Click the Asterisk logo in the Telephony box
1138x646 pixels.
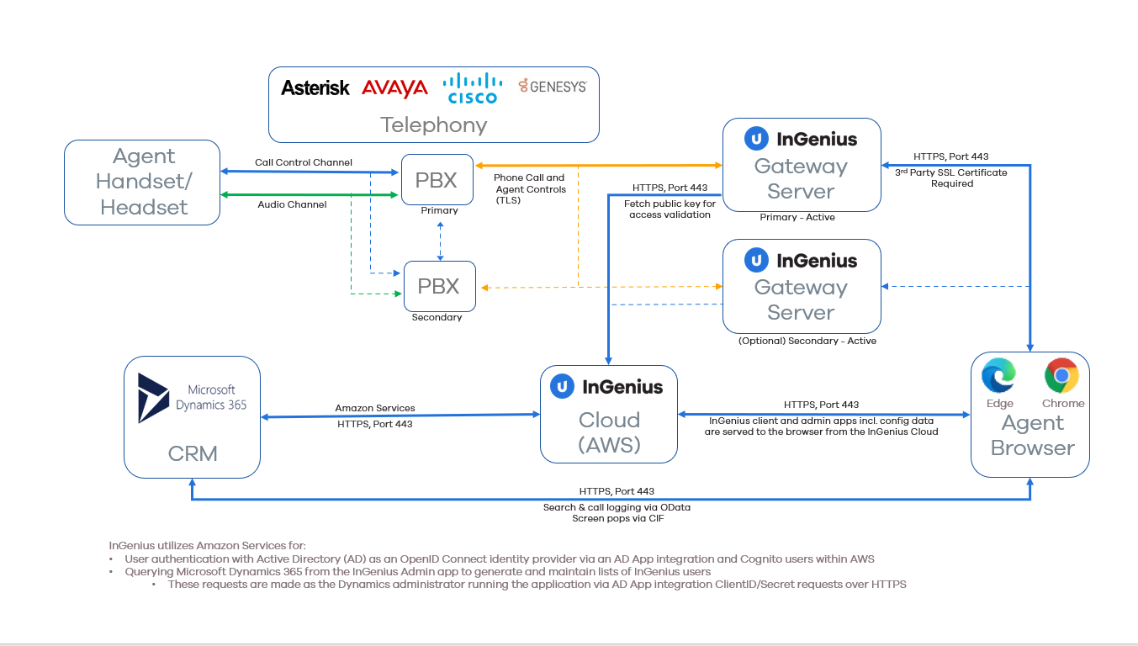click(315, 88)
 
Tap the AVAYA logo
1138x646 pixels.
click(394, 88)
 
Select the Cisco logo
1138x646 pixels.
click(473, 88)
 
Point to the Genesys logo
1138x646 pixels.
click(553, 86)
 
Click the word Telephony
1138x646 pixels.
click(434, 125)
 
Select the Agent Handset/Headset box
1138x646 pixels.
click(142, 182)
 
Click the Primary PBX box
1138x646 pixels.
click(437, 179)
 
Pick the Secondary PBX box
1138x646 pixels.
click(439, 286)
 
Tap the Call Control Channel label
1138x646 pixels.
click(304, 162)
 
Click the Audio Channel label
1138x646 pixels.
click(292, 204)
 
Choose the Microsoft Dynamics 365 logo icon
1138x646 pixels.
click(153, 398)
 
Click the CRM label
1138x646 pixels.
click(193, 454)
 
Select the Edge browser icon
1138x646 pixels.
click(998, 375)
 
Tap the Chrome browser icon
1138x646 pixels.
click(1061, 375)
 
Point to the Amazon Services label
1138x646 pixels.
click(375, 408)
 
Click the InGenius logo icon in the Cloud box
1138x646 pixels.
click(562, 387)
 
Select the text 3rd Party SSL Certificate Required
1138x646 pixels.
click(952, 178)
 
